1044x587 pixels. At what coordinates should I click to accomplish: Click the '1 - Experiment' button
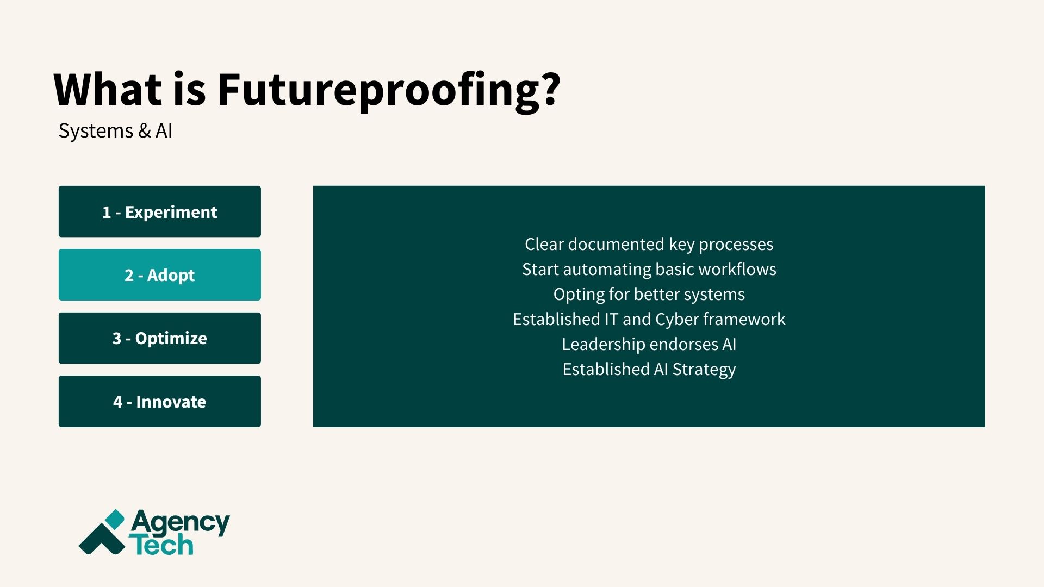[159, 211]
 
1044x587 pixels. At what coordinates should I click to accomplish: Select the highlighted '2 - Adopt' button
[159, 275]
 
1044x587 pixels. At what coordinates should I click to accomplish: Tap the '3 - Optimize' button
[159, 338]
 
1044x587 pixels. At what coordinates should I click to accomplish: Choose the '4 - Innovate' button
[159, 402]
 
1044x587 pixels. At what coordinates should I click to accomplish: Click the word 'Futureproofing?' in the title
[389, 90]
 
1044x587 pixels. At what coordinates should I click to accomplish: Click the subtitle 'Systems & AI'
[115, 131]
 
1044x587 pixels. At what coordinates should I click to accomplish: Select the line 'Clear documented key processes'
[649, 244]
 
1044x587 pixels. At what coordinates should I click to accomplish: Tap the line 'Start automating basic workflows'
[649, 269]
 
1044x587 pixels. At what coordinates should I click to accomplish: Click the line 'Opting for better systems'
[649, 294]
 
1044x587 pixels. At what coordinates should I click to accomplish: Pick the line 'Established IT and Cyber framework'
[649, 319]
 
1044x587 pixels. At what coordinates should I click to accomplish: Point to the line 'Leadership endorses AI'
[649, 344]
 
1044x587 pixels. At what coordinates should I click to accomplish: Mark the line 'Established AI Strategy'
[649, 369]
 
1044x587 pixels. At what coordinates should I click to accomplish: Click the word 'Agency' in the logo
[180, 523]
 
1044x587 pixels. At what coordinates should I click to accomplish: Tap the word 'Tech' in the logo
[161, 545]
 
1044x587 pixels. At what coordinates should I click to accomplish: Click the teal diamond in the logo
[115, 519]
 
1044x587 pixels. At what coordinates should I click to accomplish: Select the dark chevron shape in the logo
[101, 541]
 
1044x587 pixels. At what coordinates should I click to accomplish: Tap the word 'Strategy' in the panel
[704, 370]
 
